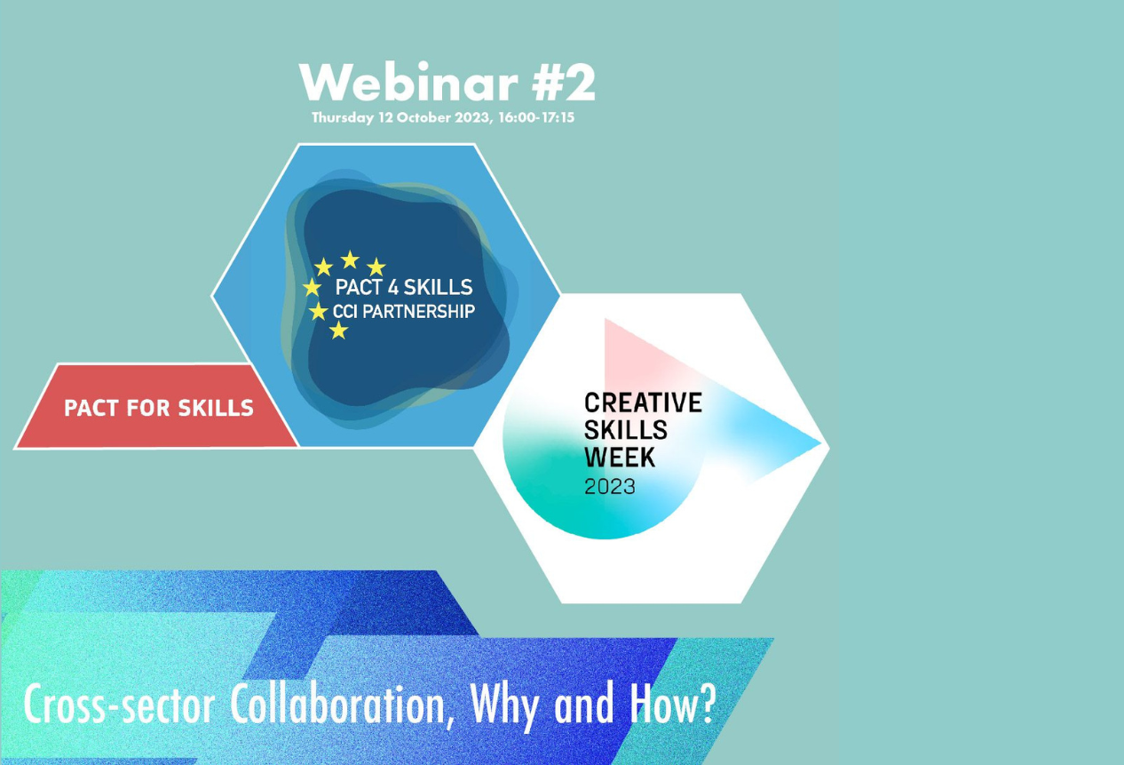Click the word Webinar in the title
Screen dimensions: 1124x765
(x=408, y=82)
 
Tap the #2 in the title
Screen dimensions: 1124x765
(x=564, y=82)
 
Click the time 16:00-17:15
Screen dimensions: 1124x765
(x=536, y=117)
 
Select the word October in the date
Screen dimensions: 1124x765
(x=423, y=117)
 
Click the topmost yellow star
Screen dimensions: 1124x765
(x=350, y=259)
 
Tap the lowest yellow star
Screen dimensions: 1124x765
(x=338, y=331)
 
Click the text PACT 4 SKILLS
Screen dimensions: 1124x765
(x=404, y=287)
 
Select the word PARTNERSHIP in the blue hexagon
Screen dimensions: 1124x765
(x=418, y=312)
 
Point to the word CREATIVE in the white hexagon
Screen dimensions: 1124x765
(x=643, y=402)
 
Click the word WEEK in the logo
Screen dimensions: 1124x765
(x=620, y=457)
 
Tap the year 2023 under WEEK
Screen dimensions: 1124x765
(x=610, y=487)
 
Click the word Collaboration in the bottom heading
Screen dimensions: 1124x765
(x=338, y=705)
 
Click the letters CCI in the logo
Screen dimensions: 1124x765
(x=345, y=312)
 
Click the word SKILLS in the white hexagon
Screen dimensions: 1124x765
(x=626, y=430)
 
